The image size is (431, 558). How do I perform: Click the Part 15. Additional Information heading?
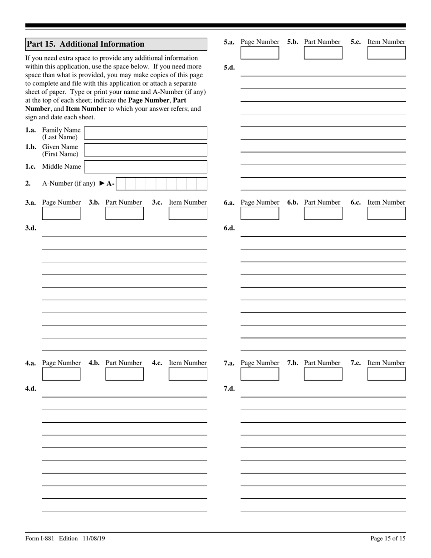pos(85,44)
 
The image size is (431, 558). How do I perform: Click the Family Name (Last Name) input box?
pos(146,133)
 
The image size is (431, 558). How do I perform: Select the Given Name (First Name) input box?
pos(146,150)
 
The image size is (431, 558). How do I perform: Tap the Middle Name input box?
pos(146,167)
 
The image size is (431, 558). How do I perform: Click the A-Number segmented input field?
pos(161,184)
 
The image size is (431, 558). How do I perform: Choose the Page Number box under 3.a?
pos(61,213)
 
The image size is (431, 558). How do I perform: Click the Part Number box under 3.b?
pos(124,213)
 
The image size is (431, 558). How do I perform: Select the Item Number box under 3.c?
pos(188,213)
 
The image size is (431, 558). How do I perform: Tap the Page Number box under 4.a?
pos(61,374)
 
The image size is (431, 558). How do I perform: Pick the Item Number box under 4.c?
pos(188,374)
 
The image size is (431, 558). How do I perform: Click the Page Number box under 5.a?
pos(260,53)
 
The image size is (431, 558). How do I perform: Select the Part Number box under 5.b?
pos(323,53)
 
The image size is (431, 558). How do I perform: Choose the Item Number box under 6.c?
pos(387,213)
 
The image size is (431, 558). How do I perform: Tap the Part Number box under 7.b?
pos(323,374)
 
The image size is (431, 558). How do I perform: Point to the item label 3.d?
pos(30,228)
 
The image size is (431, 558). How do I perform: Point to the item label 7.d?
pos(229,388)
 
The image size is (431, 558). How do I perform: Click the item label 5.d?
pos(229,68)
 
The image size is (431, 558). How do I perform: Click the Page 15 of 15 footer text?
pos(388,538)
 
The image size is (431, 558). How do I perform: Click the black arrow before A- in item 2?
pos(102,184)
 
